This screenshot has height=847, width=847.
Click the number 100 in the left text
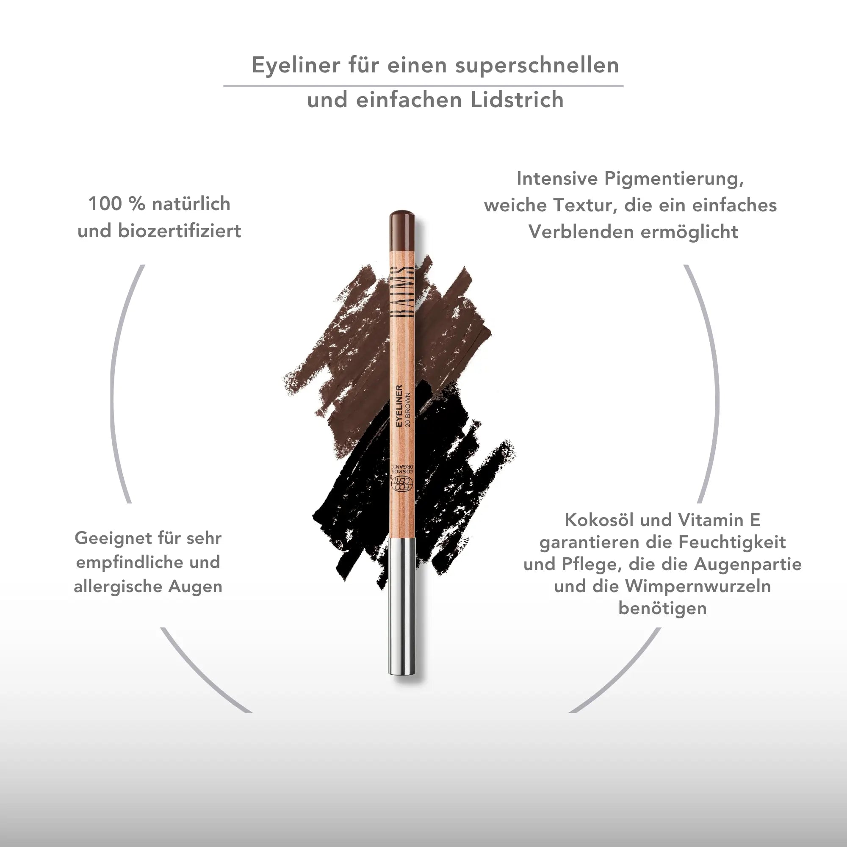point(105,204)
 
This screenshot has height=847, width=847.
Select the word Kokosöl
point(599,520)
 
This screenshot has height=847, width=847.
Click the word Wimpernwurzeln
point(698,587)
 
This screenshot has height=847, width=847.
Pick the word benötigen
point(662,609)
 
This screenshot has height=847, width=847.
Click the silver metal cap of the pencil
point(402,607)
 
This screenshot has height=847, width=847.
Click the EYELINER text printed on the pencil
point(399,406)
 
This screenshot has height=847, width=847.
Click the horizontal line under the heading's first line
point(423,86)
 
